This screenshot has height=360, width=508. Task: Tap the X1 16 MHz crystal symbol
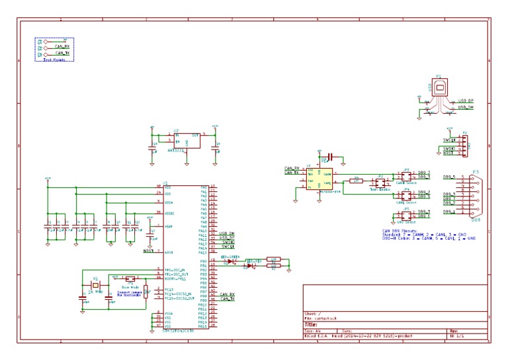(x=96, y=285)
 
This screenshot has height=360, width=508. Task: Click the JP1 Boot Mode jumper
(x=130, y=279)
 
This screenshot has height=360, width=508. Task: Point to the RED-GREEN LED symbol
(x=232, y=261)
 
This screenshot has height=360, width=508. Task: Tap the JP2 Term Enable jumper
(x=380, y=181)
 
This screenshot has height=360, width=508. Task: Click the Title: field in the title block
(x=310, y=325)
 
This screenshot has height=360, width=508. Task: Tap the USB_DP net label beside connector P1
(x=466, y=101)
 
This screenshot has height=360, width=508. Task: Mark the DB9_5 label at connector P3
(x=449, y=177)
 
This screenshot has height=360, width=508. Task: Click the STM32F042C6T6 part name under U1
(x=178, y=329)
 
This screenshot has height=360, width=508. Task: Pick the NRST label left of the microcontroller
(x=148, y=252)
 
